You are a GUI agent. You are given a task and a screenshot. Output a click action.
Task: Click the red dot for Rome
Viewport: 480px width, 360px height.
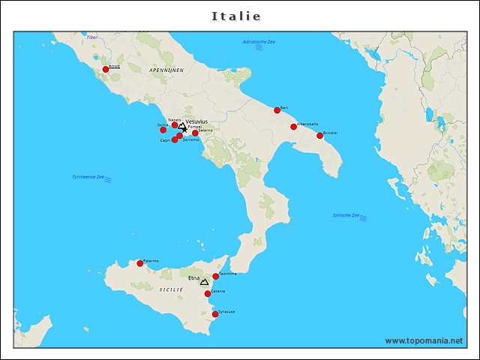click(x=106, y=69)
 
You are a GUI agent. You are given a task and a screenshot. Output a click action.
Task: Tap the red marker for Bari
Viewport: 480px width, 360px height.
click(x=277, y=110)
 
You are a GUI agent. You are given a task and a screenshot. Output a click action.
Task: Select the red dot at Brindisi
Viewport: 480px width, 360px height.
click(x=320, y=136)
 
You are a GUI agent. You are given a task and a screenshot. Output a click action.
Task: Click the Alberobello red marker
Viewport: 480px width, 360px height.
click(x=293, y=127)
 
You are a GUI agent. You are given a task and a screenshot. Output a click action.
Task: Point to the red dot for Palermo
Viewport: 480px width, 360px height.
click(x=139, y=263)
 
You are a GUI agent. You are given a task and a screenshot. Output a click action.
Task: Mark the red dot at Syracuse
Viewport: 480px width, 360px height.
click(x=216, y=314)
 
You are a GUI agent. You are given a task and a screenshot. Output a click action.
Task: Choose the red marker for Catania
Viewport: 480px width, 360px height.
click(x=208, y=293)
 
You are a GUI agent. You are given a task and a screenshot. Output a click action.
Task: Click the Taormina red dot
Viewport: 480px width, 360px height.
click(x=216, y=276)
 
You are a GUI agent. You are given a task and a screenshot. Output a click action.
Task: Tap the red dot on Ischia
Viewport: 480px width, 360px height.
click(x=163, y=130)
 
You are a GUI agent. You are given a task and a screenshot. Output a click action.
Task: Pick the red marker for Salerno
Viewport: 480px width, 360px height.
click(x=196, y=133)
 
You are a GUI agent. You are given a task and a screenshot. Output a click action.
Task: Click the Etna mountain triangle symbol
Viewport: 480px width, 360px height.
click(x=204, y=282)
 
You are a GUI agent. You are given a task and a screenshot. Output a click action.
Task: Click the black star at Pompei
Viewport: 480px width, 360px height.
click(x=184, y=130)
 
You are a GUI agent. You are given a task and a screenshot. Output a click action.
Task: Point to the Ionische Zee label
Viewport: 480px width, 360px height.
click(x=346, y=215)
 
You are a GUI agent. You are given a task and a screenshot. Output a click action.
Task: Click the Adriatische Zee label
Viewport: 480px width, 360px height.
click(x=259, y=42)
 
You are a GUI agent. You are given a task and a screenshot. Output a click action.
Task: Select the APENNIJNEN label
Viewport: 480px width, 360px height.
click(x=166, y=69)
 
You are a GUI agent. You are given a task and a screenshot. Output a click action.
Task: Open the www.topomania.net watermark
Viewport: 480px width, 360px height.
click(x=424, y=340)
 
